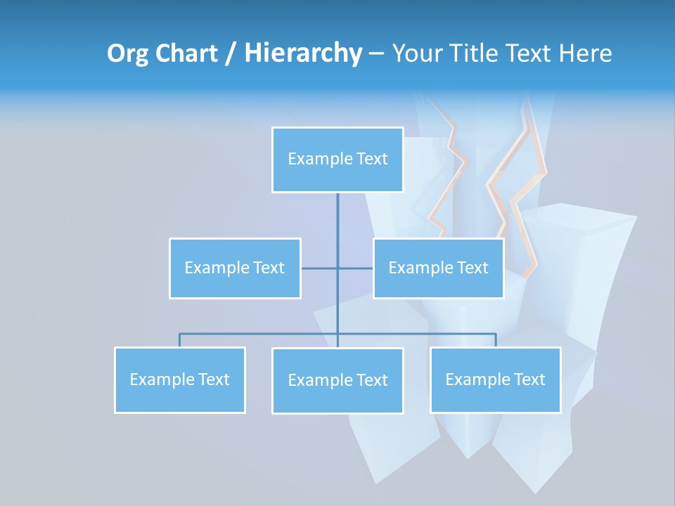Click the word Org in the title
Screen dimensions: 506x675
[127, 53]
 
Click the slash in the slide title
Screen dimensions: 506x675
[231, 54]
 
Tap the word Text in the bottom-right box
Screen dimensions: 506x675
[529, 380]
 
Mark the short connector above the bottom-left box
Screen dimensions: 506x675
[180, 340]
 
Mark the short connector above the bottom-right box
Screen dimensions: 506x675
[496, 340]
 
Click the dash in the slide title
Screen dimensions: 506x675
[376, 54]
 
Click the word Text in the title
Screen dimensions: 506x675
[526, 53]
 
